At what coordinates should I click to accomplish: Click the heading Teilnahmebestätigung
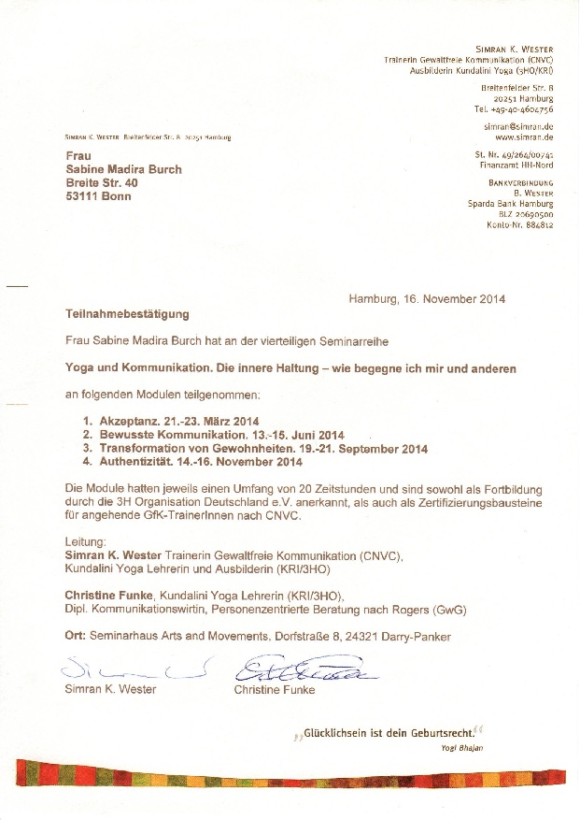tap(127, 315)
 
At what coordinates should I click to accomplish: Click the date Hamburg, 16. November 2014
tap(427, 299)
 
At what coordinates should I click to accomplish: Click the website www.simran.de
tap(523, 136)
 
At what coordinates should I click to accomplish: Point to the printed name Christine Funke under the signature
tap(275, 690)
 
